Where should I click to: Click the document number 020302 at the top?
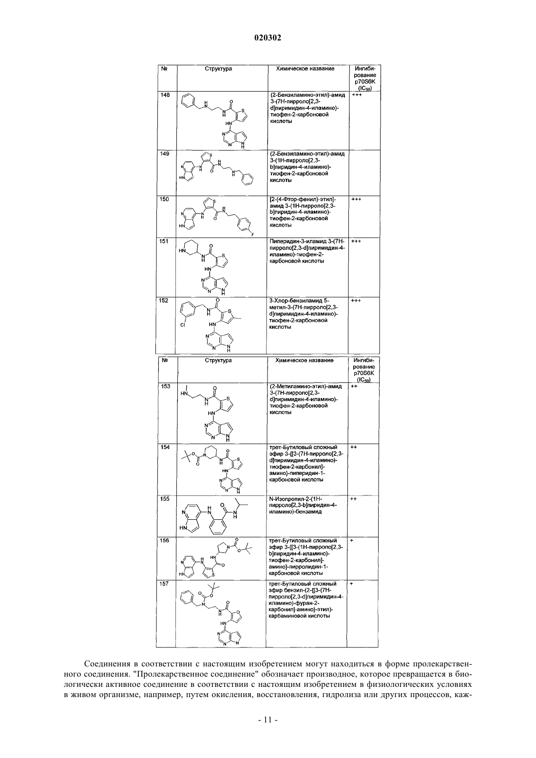click(x=268, y=38)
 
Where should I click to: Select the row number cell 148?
click(x=165, y=95)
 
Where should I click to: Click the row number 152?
click(x=164, y=301)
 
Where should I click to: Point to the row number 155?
click(x=165, y=499)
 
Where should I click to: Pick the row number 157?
click(x=164, y=584)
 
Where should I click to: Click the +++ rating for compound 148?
click(x=357, y=95)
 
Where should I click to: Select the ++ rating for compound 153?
click(x=354, y=386)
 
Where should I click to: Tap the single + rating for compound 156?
click(x=352, y=541)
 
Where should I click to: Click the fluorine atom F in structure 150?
click(x=252, y=234)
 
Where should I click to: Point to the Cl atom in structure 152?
click(x=182, y=325)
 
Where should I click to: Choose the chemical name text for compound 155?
click(x=303, y=505)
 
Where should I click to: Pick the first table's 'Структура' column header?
click(x=218, y=69)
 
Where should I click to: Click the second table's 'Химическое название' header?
click(x=305, y=360)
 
